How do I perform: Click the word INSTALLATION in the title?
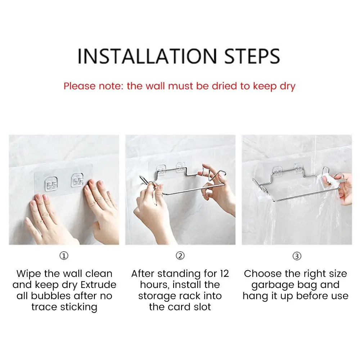pos(147,56)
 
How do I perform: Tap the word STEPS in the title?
pos(252,56)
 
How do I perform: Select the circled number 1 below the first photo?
pos(64,256)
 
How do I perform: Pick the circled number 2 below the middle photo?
pos(180,256)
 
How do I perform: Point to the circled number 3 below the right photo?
pos(297,256)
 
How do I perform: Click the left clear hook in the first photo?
pos(51,184)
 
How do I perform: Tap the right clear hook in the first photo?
pos(77,180)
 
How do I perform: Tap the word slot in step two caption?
pos(202,307)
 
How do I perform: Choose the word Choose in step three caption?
pos(260,274)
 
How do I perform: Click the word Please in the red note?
pos(79,86)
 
